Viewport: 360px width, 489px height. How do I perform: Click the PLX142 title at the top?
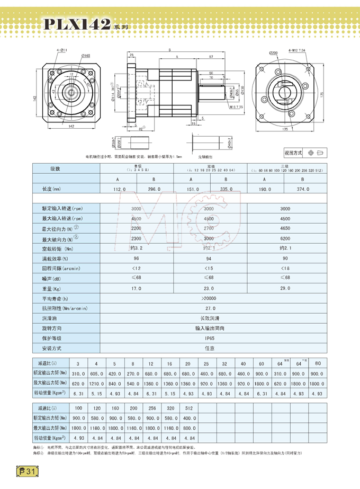(x=78, y=24)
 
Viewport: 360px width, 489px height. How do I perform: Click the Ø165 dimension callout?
(x=85, y=56)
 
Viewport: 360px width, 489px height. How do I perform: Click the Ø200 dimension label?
(x=273, y=54)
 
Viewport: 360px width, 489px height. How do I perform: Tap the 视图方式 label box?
(x=293, y=153)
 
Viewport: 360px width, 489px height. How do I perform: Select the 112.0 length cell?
(x=120, y=189)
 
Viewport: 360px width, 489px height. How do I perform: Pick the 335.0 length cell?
(x=228, y=189)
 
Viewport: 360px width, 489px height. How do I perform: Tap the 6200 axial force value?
(x=285, y=239)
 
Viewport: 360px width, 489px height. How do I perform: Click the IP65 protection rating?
(x=210, y=338)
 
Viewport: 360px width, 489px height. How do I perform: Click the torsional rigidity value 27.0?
(x=210, y=308)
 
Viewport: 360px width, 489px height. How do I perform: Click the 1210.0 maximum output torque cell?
(x=96, y=383)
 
